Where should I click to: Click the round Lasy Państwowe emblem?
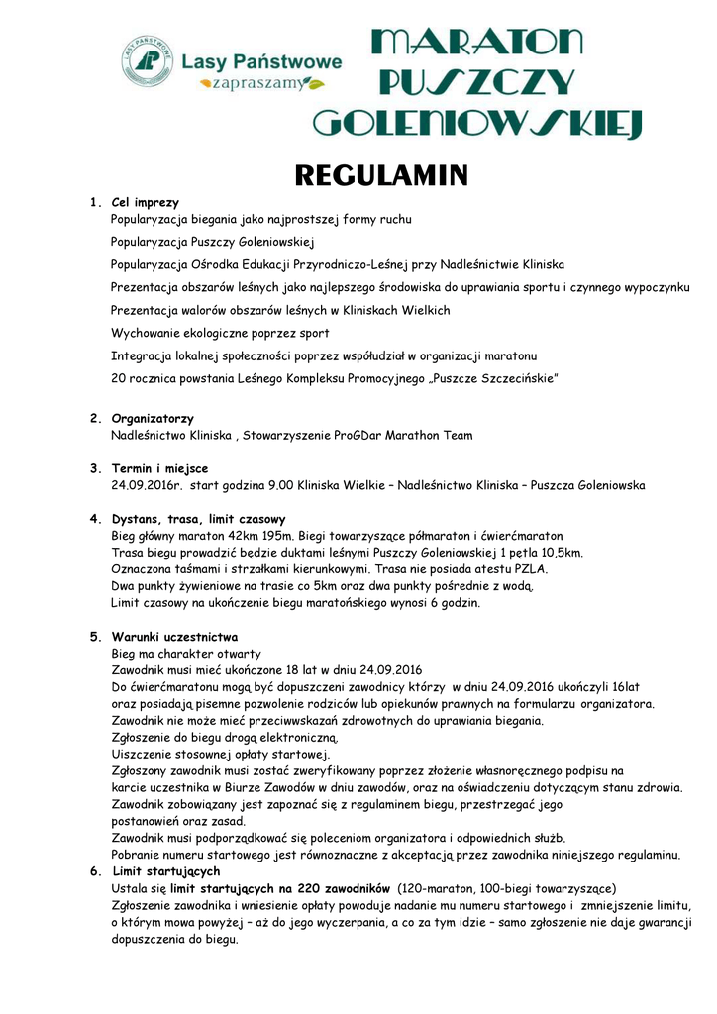[x=148, y=61]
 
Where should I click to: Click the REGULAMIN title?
[x=381, y=176]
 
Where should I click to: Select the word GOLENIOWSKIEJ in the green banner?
[x=478, y=124]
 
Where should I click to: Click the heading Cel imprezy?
[x=146, y=202]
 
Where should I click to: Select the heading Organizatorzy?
[x=153, y=419]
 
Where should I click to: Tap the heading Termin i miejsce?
[x=159, y=468]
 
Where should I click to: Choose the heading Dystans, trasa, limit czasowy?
[x=198, y=518]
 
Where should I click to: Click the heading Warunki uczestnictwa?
[x=174, y=637]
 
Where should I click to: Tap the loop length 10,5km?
[x=561, y=553]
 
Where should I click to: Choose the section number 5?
[x=94, y=637]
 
